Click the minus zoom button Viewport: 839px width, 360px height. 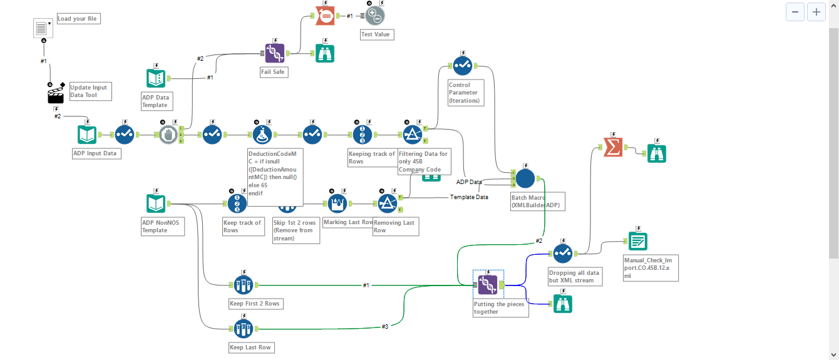pyautogui.click(x=795, y=12)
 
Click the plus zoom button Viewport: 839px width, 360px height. pyautogui.click(x=816, y=12)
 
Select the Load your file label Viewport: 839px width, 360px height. pyautogui.click(x=78, y=19)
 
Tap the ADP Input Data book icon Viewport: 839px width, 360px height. pyautogui.click(x=87, y=135)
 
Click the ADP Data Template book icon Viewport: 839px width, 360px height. pyautogui.click(x=155, y=78)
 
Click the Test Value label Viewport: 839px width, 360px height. pyautogui.click(x=376, y=34)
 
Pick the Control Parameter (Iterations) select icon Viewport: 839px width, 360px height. pyautogui.click(x=463, y=65)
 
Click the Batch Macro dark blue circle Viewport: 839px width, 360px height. pyautogui.click(x=525, y=178)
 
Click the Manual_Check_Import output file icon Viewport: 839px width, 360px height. pyautogui.click(x=637, y=241)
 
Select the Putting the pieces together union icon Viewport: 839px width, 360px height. pyautogui.click(x=488, y=285)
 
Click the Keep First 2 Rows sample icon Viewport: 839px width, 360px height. pyautogui.click(x=243, y=285)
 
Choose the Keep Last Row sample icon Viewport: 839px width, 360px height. pyautogui.click(x=243, y=328)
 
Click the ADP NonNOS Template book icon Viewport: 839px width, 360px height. pyautogui.click(x=155, y=203)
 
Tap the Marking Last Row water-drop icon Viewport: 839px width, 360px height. pyautogui.click(x=337, y=203)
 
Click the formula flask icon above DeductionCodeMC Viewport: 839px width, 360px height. pyautogui.click(x=262, y=135)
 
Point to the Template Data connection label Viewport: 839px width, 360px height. pyautogui.click(x=469, y=197)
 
